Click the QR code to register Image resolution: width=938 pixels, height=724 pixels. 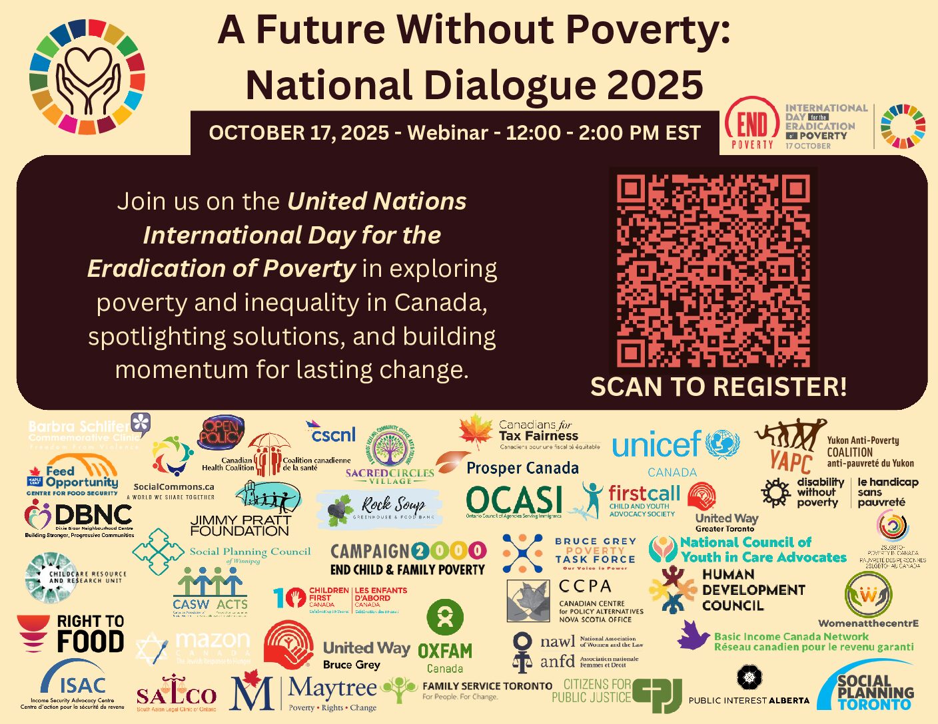pyautogui.click(x=713, y=270)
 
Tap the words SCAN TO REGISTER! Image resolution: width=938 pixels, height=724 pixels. pyautogui.click(x=718, y=387)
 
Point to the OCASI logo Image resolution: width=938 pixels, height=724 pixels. pyautogui.click(x=514, y=501)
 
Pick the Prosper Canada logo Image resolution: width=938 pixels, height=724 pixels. pyautogui.click(x=522, y=468)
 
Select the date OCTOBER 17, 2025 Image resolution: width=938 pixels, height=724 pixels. pyautogui.click(x=298, y=133)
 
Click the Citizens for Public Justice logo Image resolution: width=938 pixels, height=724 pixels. pyautogui.click(x=616, y=692)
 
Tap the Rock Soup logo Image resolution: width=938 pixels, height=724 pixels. pyautogui.click(x=379, y=509)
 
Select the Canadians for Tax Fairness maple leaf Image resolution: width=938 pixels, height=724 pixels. pyautogui.click(x=476, y=431)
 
